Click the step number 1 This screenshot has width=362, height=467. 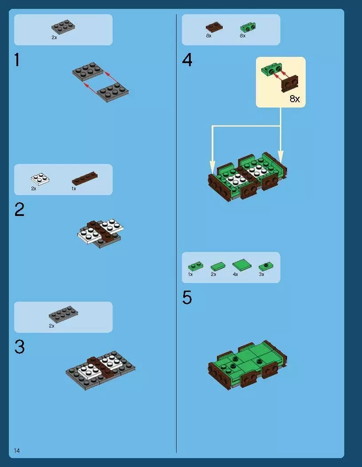pos(17,60)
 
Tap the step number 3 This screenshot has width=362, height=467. pos(20,347)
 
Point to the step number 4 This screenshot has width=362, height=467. pos(187,60)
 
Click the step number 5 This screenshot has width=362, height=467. pos(187,297)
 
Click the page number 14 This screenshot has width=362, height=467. pos(17,451)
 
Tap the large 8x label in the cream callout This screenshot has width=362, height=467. pos(295,99)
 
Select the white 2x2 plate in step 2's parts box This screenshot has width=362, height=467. pos(40,179)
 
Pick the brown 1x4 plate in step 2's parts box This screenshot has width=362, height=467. pos(85,178)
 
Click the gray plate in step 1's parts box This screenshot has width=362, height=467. pos(63,27)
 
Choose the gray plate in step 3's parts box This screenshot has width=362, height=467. pos(63,314)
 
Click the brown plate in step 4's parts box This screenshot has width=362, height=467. pos(214,27)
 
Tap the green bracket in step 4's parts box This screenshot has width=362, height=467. pos(248,28)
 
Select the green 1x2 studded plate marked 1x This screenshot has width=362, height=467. pos(196,266)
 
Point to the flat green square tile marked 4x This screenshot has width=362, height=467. pos(242,264)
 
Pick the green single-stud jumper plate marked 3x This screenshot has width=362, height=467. pos(266,266)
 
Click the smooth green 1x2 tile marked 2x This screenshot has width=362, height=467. pos(218,266)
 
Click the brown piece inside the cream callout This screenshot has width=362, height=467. pos(290,84)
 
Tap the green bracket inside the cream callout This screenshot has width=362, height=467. pos(272,70)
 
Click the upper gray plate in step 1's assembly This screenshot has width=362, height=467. pos(88,72)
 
